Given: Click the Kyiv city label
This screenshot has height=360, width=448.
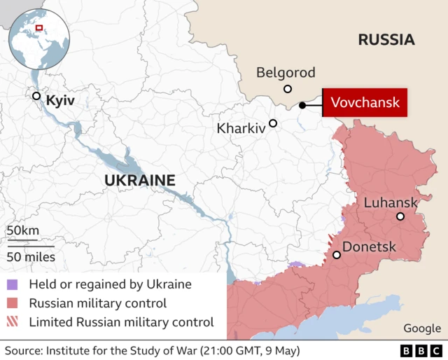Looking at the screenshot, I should pos(60,102).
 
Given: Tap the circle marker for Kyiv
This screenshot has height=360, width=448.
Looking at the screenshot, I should pos(36,96).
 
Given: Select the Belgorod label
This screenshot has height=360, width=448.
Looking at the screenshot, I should pos(286,72).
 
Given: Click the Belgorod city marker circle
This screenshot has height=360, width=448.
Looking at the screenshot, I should pos(288,89).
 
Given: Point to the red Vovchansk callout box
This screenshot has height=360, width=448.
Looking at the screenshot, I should pos(365,103).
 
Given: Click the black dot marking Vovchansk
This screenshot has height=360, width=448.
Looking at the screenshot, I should pos(302,105).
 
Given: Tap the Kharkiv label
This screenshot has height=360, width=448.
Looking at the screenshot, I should pos(241,129).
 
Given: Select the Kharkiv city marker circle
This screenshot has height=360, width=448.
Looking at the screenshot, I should pos(273,123).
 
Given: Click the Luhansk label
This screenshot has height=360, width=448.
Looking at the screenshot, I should pos(391,202).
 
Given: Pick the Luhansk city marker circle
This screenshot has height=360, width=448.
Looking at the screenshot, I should pos(400,216).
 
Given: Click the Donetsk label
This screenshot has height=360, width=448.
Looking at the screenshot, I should pos(369,247).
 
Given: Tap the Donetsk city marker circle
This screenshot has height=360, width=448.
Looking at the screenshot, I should pos(337,255).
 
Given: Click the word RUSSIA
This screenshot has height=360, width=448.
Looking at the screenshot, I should pos(386,40).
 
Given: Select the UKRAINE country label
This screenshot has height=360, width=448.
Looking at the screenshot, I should pos(139,181).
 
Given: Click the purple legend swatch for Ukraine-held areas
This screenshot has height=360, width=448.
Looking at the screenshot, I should pos(13,285).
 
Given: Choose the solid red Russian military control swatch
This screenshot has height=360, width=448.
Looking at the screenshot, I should pos(13,304).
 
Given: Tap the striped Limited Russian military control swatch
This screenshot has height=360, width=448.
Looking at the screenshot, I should pos(13,323).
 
